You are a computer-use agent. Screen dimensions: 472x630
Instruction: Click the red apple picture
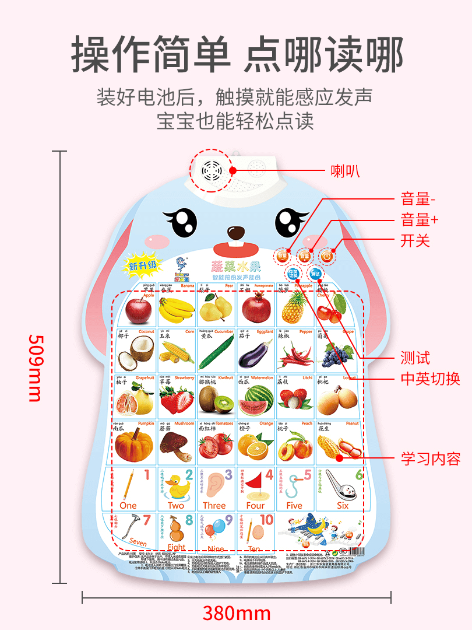(x=138, y=310)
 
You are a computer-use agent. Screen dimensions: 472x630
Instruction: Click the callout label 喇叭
(x=345, y=171)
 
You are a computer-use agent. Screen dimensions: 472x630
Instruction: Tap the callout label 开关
(x=415, y=240)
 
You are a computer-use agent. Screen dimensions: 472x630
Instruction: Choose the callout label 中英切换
(x=430, y=379)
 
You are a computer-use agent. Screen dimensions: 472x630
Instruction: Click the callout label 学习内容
(x=430, y=459)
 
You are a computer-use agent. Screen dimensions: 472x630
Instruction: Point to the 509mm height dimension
(x=35, y=367)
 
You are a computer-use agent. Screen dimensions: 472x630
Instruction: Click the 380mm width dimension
(x=237, y=613)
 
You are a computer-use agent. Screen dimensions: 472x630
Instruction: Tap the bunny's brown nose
(x=236, y=232)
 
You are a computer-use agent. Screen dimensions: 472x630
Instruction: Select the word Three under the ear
(x=214, y=506)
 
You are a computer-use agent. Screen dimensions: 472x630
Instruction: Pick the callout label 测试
(x=415, y=357)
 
